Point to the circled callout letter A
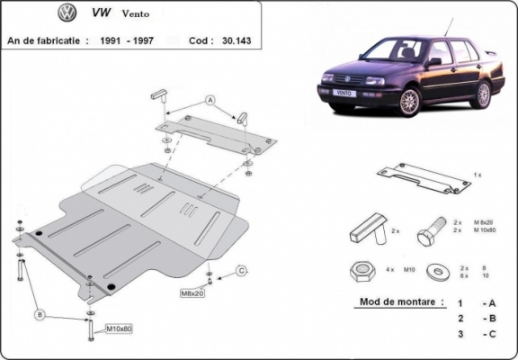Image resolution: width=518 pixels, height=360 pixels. pyautogui.click(x=210, y=99)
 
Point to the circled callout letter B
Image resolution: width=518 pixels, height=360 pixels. pyautogui.click(x=39, y=314)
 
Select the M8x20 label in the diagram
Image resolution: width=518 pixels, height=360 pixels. pyautogui.click(x=192, y=292)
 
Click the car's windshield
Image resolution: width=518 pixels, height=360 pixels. pyautogui.click(x=393, y=49)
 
